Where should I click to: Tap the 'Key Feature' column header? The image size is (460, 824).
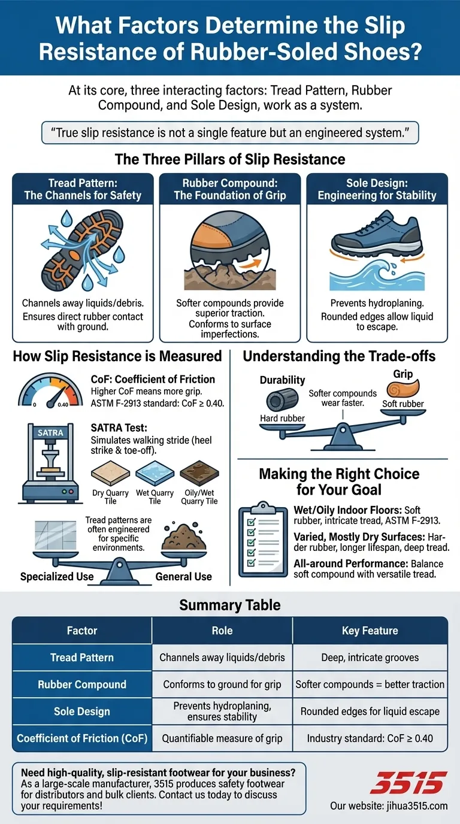(x=370, y=631)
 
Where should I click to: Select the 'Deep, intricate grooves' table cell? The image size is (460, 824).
(x=370, y=658)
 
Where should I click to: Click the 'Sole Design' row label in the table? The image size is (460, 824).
(x=82, y=711)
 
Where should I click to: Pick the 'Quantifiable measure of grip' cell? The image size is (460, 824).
(x=222, y=738)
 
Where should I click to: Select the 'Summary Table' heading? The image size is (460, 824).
(x=230, y=605)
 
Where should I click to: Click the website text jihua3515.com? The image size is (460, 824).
(x=389, y=805)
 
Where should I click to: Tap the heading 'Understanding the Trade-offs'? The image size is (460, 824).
(x=339, y=357)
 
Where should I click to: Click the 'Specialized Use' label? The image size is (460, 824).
(x=57, y=577)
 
